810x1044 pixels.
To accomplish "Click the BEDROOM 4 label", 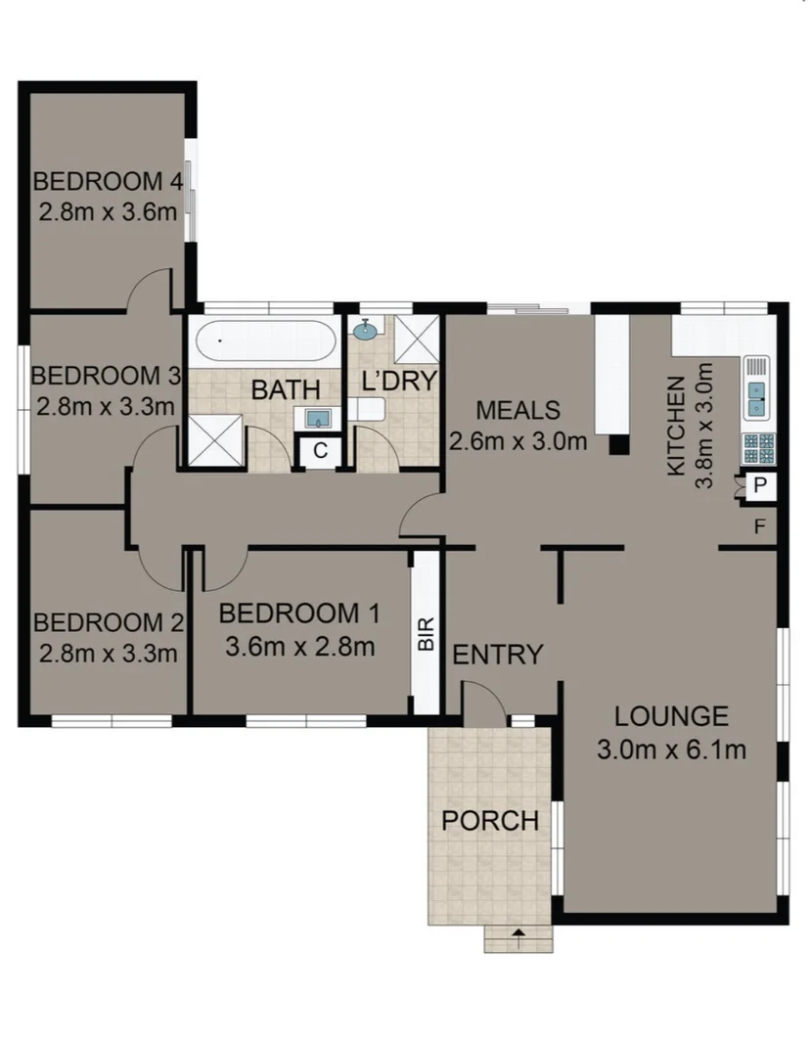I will (108, 182).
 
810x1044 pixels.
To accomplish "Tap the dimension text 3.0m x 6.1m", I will (671, 750).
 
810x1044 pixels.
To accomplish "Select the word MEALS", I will (517, 410).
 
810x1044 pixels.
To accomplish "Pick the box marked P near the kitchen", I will (759, 484).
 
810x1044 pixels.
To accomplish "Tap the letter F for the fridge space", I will (759, 528).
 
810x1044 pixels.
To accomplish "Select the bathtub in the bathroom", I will (265, 342).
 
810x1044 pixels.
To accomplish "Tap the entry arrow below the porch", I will (517, 933).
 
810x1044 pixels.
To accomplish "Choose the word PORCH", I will (490, 821).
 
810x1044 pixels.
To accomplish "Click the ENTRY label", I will (497, 655).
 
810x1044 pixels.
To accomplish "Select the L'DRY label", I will (397, 382).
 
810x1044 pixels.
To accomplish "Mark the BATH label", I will (286, 391).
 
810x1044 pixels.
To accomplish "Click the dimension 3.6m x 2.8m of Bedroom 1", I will (299, 646).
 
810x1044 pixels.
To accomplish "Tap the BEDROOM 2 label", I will (108, 623).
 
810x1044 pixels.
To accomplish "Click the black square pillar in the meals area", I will (617, 446).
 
